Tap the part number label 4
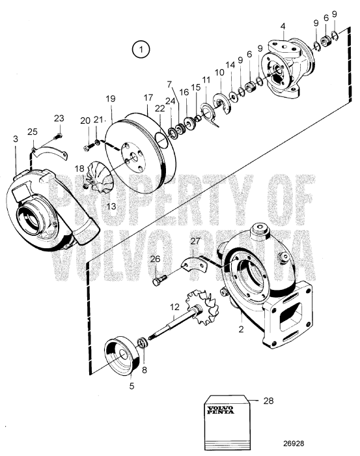coord(283,27)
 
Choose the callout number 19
coord(111,98)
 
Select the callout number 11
coord(206,80)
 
